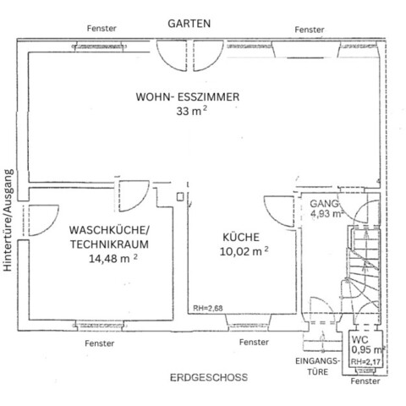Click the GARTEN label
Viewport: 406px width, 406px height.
click(x=188, y=24)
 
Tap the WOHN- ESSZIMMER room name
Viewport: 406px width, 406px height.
click(x=188, y=97)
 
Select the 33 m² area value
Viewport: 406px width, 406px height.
click(x=188, y=112)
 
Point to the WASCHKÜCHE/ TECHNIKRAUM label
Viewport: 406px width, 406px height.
click(x=110, y=237)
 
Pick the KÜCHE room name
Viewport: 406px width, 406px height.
click(x=241, y=238)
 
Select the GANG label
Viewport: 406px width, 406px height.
click(x=323, y=205)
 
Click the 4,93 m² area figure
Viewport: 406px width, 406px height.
click(x=326, y=215)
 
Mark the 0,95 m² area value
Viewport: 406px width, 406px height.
click(x=368, y=349)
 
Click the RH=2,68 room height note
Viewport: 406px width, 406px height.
click(x=208, y=308)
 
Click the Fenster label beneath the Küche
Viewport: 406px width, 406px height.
click(x=254, y=343)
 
